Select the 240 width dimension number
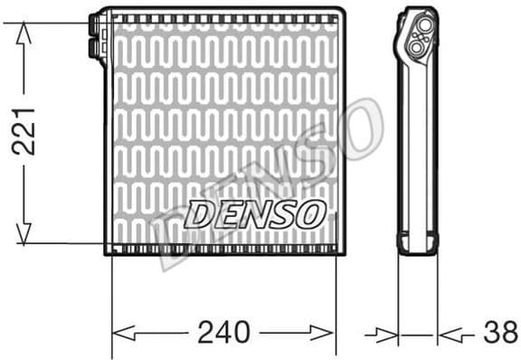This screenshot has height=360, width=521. click(222, 333)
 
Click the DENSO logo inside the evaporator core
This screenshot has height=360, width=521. click(254, 214)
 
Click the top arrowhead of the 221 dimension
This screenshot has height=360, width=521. click(24, 30)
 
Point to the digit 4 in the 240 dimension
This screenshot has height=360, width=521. click(222, 333)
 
